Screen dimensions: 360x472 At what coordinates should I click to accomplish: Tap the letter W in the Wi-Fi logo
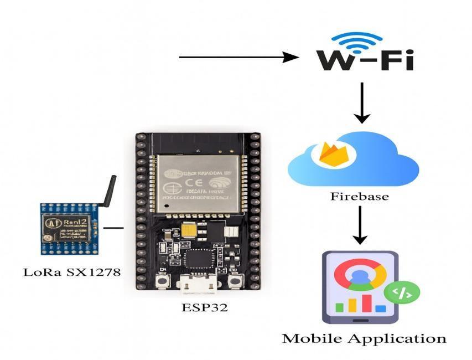click(335, 60)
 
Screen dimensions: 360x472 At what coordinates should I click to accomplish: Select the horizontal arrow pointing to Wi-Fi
click(238, 56)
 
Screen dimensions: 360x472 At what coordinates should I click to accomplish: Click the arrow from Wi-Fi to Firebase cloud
click(361, 102)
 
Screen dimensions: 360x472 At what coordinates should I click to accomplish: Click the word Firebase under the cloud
click(359, 196)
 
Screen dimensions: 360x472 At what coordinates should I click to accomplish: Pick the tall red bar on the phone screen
click(366, 302)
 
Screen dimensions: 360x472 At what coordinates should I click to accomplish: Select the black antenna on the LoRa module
click(108, 192)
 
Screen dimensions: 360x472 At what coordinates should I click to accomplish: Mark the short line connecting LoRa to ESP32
click(113, 227)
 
